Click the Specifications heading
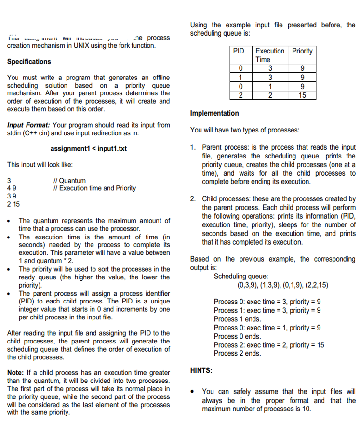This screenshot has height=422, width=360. click(29, 62)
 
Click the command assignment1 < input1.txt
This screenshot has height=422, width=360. click(88, 148)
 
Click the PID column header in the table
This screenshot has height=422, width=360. click(239, 51)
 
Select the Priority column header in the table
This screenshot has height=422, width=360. click(302, 51)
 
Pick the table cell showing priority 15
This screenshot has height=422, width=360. click(302, 95)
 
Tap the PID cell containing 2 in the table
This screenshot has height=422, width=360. click(239, 95)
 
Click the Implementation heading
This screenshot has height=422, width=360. click(214, 113)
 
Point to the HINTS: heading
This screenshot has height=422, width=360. click(203, 370)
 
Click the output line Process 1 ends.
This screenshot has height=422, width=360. click(237, 319)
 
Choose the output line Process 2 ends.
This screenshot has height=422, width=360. click(237, 353)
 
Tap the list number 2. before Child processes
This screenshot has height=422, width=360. click(193, 198)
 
